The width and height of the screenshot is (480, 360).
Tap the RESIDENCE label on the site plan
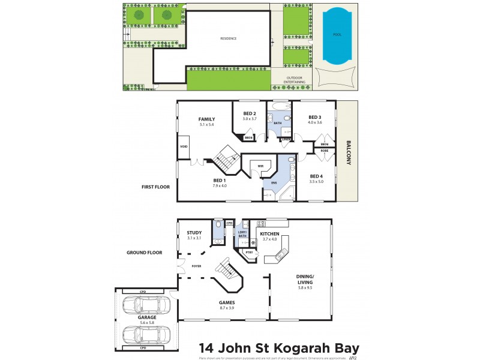[228, 38]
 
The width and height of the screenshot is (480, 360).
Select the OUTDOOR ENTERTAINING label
[295, 79]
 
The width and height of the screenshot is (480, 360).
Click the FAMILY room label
[206, 119]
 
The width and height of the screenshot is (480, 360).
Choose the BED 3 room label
[315, 117]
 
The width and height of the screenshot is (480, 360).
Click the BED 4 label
[316, 176]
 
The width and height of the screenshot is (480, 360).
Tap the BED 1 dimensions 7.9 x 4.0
[220, 185]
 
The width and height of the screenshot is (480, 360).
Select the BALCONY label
[348, 152]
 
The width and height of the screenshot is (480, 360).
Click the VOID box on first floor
[184, 146]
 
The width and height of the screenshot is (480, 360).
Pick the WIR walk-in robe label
[261, 167]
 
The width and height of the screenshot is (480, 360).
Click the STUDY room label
[194, 233]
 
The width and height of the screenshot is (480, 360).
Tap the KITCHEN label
[270, 233]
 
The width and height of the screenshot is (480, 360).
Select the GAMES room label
[227, 302]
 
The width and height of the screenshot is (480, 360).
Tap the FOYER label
[196, 265]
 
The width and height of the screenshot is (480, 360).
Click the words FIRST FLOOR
[156, 187]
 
